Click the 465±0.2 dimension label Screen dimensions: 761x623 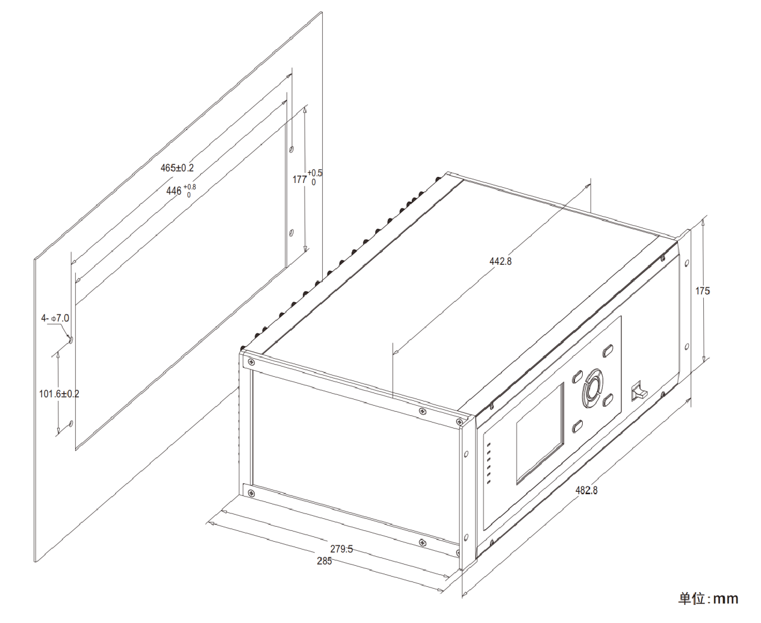(x=177, y=168)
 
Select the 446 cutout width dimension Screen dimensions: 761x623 (x=181, y=190)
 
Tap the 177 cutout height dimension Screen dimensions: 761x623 (x=307, y=178)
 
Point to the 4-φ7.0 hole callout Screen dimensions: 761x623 (x=55, y=318)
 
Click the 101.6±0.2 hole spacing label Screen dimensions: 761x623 (x=59, y=394)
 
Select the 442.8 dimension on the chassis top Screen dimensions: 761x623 (x=500, y=261)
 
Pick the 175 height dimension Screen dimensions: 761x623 (x=703, y=291)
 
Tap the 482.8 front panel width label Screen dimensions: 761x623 (x=586, y=490)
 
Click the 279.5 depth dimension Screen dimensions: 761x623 (x=341, y=549)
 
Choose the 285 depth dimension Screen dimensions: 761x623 (x=324, y=561)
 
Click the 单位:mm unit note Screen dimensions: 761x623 (x=708, y=599)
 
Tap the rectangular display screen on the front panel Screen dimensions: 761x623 (x=540, y=433)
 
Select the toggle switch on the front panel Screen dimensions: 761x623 (x=639, y=391)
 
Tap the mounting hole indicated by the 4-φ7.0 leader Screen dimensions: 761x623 (x=71, y=339)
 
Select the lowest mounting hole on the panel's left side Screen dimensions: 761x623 (x=71, y=423)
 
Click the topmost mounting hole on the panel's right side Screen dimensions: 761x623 (x=292, y=149)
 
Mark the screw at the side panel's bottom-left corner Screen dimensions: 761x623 (x=251, y=493)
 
